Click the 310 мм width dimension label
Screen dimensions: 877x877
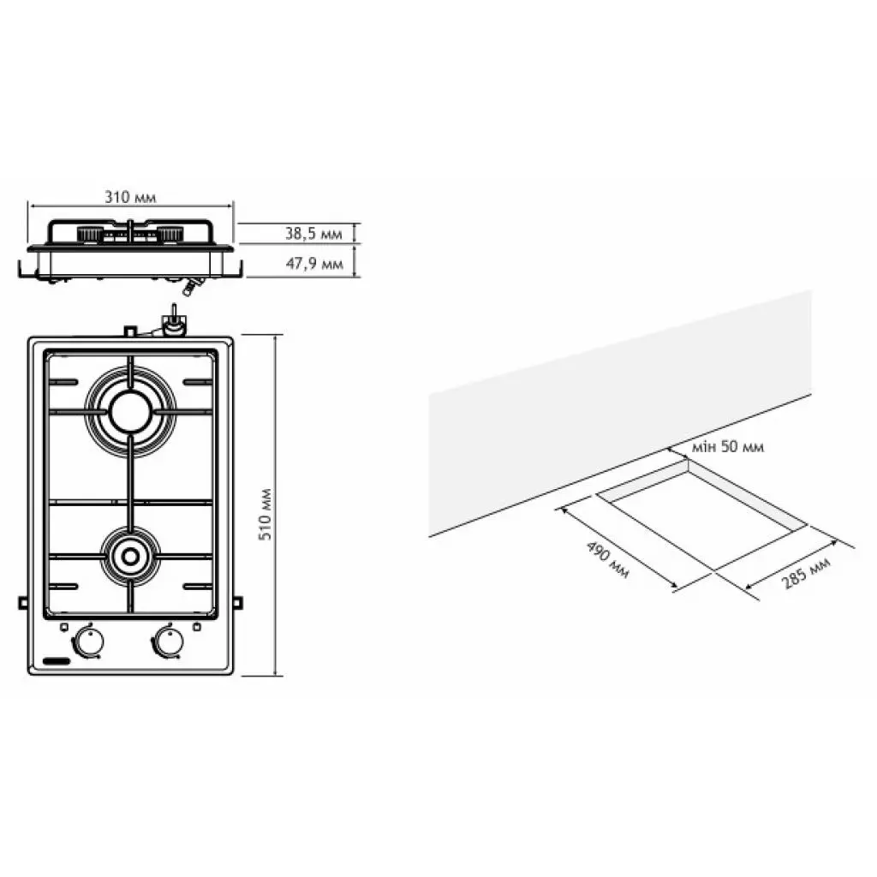click(x=130, y=198)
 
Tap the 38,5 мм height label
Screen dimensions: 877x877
click(x=313, y=233)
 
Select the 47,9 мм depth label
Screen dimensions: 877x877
click(x=314, y=264)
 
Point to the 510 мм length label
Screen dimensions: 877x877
click(x=265, y=514)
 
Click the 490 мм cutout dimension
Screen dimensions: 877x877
click(x=607, y=559)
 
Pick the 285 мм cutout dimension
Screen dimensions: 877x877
click(x=806, y=572)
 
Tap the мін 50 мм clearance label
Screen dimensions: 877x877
click(x=728, y=446)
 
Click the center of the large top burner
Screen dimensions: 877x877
click(x=130, y=412)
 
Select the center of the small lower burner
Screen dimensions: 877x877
click(x=130, y=557)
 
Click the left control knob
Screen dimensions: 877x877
click(x=88, y=641)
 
